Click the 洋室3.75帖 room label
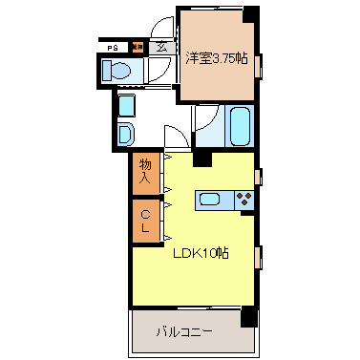click(216, 58)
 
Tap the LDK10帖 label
click(200, 253)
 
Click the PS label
click(113, 46)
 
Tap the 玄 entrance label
click(161, 46)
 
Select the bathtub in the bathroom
click(240, 125)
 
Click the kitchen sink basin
click(211, 200)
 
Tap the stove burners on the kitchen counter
click(244, 200)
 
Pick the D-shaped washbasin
click(125, 133)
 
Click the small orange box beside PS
click(137, 46)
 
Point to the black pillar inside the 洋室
click(251, 14)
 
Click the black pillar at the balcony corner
click(248, 317)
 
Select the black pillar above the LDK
click(202, 159)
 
